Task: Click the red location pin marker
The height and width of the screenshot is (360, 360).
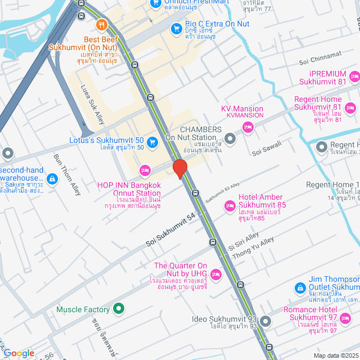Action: pos(179,169)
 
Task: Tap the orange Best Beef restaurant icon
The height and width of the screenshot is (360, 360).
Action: pos(102,25)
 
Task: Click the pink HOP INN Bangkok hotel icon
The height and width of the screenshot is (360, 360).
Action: pos(145,169)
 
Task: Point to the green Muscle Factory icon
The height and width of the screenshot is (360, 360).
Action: pos(118,309)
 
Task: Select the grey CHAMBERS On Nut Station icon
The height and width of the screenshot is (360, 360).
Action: pos(229,138)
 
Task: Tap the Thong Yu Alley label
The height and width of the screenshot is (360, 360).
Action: pos(259,247)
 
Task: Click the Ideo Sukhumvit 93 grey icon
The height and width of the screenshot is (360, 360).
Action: pos(265,322)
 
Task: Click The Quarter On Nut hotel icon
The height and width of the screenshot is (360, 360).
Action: pos(217,274)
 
